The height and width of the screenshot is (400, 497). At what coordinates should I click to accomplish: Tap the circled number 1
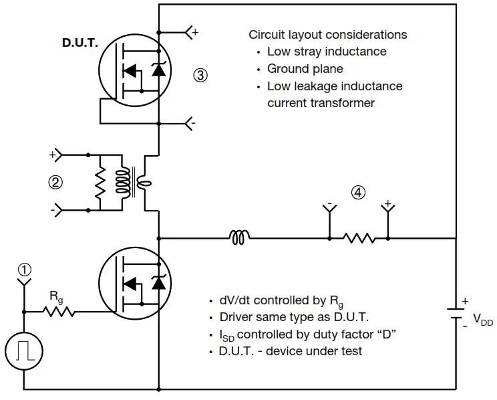(x=25, y=270)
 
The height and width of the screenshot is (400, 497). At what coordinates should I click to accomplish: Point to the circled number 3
(x=200, y=75)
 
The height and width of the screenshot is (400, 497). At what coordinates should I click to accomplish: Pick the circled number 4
(x=359, y=193)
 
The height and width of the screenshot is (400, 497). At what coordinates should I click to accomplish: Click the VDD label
(x=483, y=320)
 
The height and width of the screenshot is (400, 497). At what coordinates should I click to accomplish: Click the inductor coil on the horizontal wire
(x=240, y=237)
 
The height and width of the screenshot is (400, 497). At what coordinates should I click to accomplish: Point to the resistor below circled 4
(x=358, y=237)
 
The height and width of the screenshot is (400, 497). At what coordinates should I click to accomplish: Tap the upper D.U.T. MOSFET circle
(x=132, y=74)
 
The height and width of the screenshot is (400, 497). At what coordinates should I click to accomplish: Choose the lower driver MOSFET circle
(x=132, y=282)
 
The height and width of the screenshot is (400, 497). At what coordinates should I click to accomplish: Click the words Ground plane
(x=305, y=68)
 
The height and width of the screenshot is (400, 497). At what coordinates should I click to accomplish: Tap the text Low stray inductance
(x=327, y=52)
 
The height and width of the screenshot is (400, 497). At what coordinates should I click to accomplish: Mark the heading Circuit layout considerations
(x=327, y=35)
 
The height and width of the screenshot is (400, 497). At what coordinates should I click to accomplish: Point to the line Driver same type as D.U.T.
(x=294, y=317)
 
